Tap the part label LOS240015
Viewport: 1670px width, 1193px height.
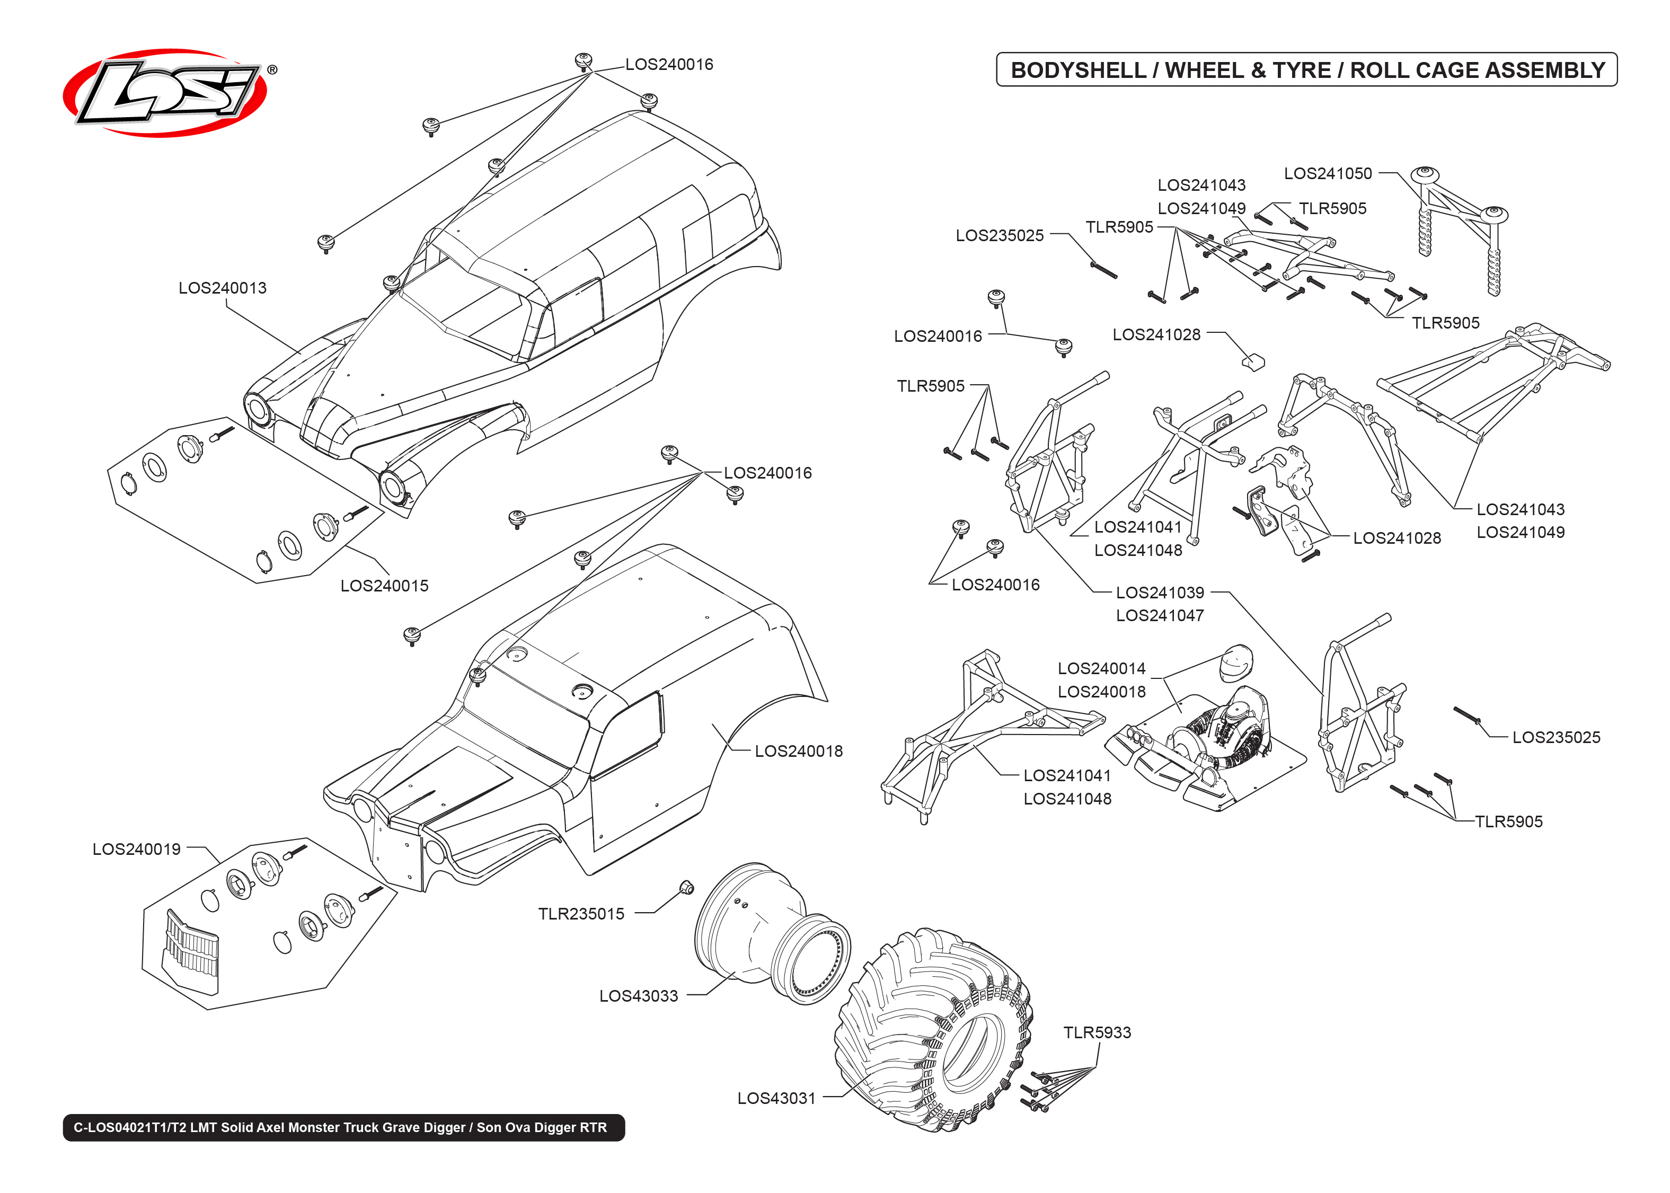pyautogui.click(x=384, y=586)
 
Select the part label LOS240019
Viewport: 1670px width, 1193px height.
pyautogui.click(x=137, y=849)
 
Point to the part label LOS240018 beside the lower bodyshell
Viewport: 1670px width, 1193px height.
pyautogui.click(x=798, y=751)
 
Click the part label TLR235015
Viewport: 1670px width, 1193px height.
pyautogui.click(x=581, y=914)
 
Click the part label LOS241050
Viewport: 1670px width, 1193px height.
pyautogui.click(x=1327, y=173)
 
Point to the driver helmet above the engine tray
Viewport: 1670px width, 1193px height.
pyautogui.click(x=1236, y=664)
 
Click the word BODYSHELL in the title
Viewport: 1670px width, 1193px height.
pyautogui.click(x=1077, y=70)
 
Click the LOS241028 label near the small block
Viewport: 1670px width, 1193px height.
pyautogui.click(x=1156, y=334)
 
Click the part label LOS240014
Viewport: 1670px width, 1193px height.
pyautogui.click(x=1101, y=668)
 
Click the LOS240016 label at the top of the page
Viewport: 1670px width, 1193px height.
pyautogui.click(x=668, y=65)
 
